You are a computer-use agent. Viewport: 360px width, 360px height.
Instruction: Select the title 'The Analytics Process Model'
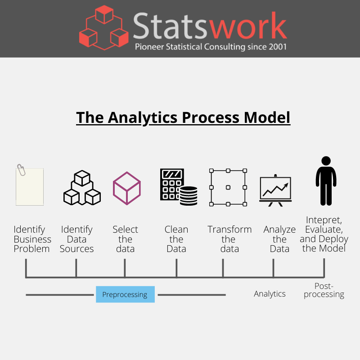tap(183, 117)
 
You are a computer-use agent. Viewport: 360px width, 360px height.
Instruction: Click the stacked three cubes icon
tap(82, 188)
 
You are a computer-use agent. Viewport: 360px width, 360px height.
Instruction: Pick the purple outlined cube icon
tap(126, 188)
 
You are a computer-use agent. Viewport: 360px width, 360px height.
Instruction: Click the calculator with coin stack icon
tap(178, 187)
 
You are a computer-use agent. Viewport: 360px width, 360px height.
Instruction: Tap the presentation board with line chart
tap(275, 189)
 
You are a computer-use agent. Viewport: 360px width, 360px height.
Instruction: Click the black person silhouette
tap(325, 180)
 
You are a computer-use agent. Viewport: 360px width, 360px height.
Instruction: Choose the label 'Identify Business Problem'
tap(32, 239)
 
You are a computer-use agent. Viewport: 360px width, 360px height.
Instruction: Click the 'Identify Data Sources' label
tap(76, 239)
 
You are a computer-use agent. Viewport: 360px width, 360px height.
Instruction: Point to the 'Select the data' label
tap(125, 239)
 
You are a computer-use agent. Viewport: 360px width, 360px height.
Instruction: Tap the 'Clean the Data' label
tap(176, 239)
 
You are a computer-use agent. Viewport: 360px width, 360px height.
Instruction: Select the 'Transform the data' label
tap(229, 239)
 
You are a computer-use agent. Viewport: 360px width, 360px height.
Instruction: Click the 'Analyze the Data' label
tap(279, 239)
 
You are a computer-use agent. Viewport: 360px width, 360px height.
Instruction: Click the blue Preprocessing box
tap(125, 295)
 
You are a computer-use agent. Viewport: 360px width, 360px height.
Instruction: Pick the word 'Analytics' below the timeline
tap(270, 294)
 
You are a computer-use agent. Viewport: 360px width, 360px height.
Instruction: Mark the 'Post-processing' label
tap(324, 290)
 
